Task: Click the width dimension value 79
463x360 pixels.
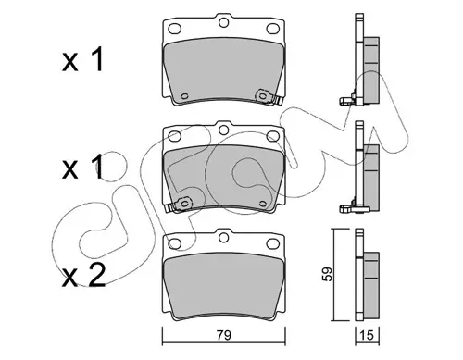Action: coord(224,335)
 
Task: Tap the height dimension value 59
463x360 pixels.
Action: coord(328,274)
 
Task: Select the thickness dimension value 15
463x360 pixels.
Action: coord(367,335)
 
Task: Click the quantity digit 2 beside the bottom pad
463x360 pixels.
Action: coord(96,276)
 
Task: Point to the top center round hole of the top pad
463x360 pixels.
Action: coord(223,22)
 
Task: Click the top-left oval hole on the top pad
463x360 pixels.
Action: coord(174,29)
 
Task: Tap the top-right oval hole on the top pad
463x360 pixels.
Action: coord(272,29)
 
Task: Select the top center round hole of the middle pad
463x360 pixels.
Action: coord(223,130)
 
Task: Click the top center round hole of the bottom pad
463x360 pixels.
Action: coord(223,238)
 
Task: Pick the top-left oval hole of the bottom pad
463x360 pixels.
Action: coord(174,244)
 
